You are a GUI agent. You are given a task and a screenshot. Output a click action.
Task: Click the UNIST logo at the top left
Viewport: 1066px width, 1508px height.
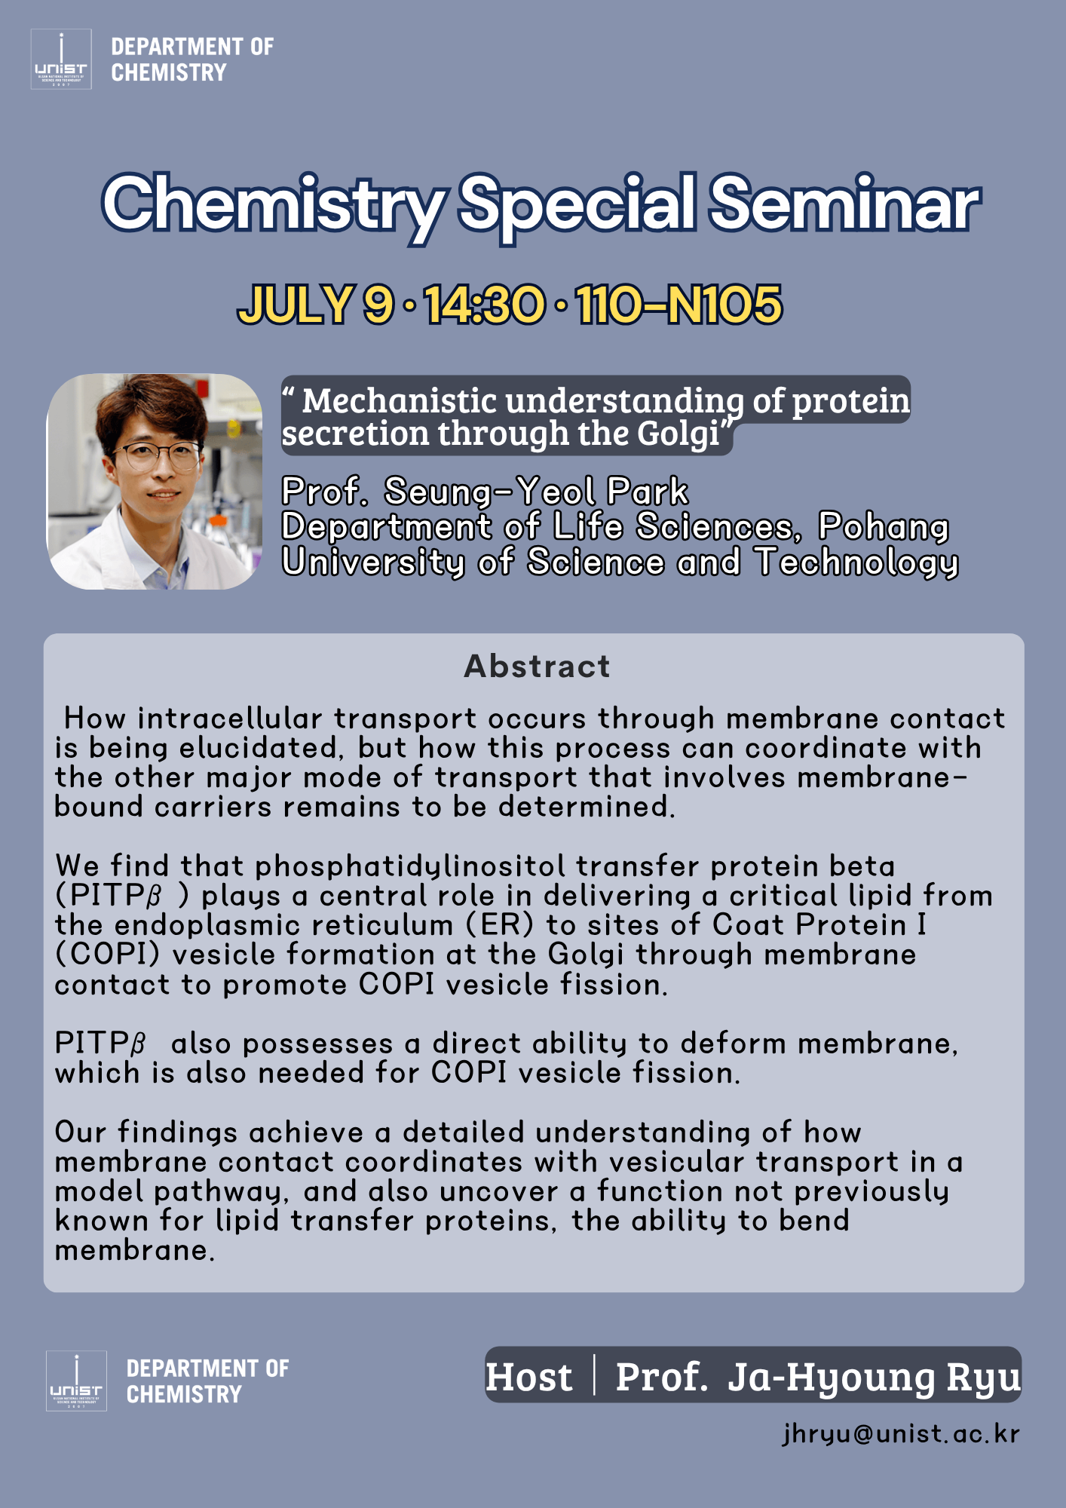[61, 60]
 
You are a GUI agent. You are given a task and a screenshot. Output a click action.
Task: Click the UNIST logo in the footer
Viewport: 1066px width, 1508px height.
[76, 1381]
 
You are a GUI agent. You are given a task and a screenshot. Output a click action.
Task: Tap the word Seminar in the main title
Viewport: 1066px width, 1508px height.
[844, 204]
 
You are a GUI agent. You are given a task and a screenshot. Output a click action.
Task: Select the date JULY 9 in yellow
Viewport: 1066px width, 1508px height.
[316, 305]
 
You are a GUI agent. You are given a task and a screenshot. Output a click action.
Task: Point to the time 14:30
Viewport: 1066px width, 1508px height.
[485, 305]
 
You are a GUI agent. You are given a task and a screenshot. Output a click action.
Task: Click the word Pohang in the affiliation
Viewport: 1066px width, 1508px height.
[884, 527]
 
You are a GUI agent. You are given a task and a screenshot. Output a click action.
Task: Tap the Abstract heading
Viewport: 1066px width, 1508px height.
[537, 666]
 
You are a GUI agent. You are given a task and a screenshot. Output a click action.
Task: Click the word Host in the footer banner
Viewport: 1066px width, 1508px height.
[528, 1377]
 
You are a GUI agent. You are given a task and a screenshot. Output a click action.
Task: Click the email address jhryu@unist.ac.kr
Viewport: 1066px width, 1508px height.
[901, 1433]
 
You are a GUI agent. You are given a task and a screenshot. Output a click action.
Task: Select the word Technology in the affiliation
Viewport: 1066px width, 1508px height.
[857, 562]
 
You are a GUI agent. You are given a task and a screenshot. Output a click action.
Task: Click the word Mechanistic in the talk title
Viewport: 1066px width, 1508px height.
[400, 401]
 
